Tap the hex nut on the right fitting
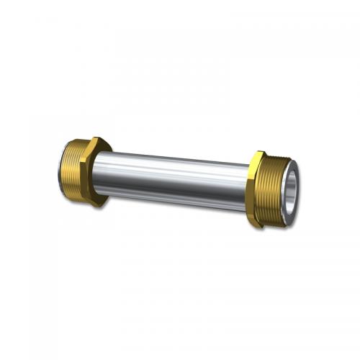pos(257,188)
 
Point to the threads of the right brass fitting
pos(277,190)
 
